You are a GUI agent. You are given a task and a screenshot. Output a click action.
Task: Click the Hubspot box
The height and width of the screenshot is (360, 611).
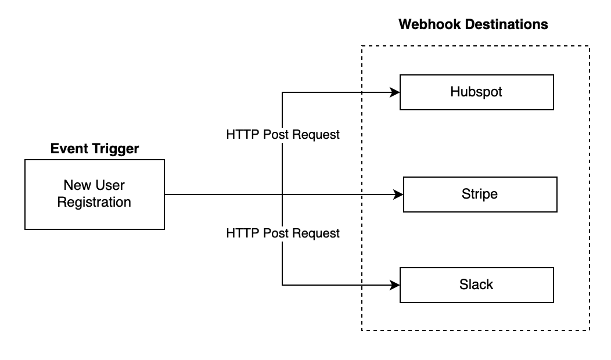pos(476,92)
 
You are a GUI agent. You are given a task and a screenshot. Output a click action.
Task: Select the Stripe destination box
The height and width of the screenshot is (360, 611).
pos(480,194)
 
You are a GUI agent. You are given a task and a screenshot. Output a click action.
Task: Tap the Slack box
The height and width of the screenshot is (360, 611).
pos(476,285)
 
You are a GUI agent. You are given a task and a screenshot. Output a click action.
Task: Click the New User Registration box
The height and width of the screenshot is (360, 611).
pos(94,194)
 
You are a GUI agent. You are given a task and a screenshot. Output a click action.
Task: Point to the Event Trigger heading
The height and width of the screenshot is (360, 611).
pos(95,149)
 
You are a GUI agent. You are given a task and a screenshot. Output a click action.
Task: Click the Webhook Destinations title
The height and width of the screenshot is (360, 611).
pos(473,24)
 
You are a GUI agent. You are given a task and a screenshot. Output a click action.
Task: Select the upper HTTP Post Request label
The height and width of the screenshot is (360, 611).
pos(283,135)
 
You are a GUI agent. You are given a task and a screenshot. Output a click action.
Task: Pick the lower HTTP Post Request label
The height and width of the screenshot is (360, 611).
pos(283,233)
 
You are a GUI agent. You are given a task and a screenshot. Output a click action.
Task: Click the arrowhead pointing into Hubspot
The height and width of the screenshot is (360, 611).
pos(396,92)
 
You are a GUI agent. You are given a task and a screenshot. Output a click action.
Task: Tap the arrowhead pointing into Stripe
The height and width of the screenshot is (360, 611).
pos(399,195)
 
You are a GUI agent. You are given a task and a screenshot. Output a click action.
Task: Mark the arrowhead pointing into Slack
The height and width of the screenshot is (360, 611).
pos(396,285)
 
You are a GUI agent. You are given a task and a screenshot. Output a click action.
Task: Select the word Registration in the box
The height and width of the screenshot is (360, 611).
pos(94,202)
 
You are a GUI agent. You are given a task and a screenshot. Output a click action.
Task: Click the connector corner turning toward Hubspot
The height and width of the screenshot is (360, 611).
pos(282,92)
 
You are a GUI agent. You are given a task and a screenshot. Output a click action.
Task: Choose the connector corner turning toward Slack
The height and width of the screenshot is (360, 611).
pos(282,285)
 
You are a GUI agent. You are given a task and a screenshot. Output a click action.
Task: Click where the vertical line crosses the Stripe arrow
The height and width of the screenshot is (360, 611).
pos(282,195)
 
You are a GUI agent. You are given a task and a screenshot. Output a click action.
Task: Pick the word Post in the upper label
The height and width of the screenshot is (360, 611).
pos(276,135)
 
